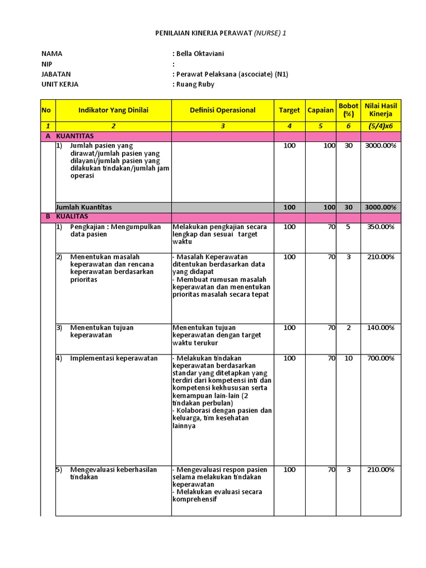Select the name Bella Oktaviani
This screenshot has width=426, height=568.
point(200,54)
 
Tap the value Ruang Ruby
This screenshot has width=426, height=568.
point(195,84)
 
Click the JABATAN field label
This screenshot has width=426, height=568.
point(56,74)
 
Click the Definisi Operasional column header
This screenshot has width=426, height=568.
point(222,110)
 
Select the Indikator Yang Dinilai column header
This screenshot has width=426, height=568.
point(113,110)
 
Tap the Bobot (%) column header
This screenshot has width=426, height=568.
point(348,110)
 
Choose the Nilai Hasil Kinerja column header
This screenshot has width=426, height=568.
point(381,110)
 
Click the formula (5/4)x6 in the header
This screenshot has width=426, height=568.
point(381,126)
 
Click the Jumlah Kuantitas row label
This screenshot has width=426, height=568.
point(84,207)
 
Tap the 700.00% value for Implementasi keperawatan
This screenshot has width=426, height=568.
point(380,358)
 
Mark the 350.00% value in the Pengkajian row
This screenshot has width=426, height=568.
point(380,227)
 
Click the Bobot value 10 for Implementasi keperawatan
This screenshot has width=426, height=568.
point(348,358)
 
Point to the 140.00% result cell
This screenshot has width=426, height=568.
point(380,328)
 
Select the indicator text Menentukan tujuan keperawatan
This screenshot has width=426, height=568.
point(102,331)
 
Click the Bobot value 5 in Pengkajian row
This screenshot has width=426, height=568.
point(348,227)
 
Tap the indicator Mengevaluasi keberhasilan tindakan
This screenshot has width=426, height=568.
point(113,473)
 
